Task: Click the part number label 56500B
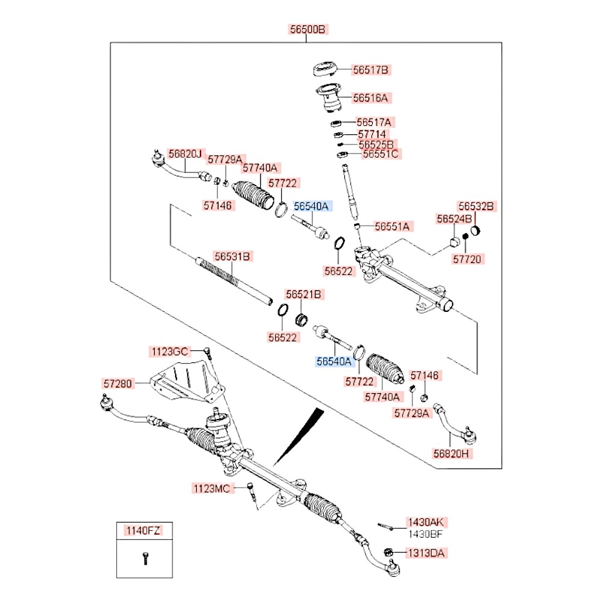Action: tap(306, 29)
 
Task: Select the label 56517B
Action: tap(371, 70)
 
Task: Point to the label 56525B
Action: tap(376, 144)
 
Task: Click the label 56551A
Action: tap(392, 226)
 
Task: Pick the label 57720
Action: tap(468, 259)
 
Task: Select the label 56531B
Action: tap(232, 256)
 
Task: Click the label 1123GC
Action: tap(170, 351)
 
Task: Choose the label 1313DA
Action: tap(426, 552)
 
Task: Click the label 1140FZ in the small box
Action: tap(143, 530)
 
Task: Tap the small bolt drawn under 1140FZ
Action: tap(144, 558)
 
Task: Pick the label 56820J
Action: tap(184, 154)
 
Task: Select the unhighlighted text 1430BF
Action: tap(426, 533)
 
